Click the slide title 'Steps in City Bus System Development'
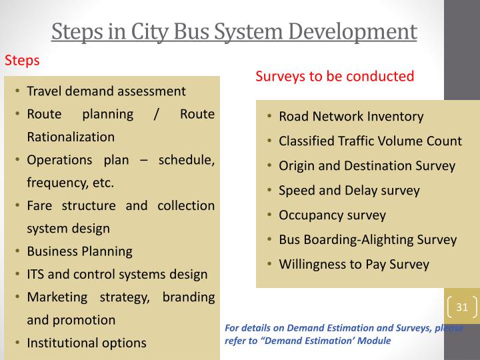pos(234,31)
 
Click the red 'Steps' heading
pos(22,61)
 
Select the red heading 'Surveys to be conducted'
pos(335,76)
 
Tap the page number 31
pos(462,307)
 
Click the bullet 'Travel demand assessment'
pos(106,91)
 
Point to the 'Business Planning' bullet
pos(79,251)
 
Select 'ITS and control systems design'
pos(117,274)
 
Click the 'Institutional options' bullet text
pos(86,343)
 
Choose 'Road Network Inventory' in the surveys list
pos(351,117)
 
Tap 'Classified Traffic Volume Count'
pos(370,141)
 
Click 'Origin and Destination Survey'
pos(367,166)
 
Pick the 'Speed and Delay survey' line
pos(349,191)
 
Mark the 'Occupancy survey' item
pos(332,215)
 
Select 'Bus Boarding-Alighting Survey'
pos(367,240)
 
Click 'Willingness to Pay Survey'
pos(353,265)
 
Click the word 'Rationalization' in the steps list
pos(71,137)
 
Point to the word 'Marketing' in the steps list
pos(57,297)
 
